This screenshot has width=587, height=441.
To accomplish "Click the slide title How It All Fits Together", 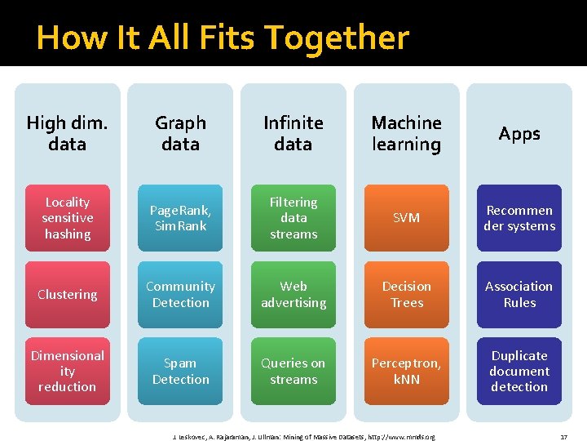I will [x=222, y=38].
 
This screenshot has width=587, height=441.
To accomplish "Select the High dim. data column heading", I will [x=67, y=133].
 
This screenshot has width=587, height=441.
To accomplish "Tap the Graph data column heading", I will [x=180, y=133].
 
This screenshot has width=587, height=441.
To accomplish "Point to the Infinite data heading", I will [x=293, y=133].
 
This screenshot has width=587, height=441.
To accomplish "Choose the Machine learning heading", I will [x=406, y=133].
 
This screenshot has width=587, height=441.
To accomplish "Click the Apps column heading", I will [x=519, y=133].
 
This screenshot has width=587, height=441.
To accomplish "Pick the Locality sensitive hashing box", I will [x=67, y=218].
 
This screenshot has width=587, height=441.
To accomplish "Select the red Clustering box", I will [x=67, y=295].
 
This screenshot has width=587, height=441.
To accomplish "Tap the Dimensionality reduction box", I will [x=67, y=371].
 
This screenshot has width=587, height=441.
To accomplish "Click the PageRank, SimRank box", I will [x=180, y=218].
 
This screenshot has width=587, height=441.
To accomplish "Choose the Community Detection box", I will [x=180, y=295].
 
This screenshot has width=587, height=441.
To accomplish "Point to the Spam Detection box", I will [x=180, y=371].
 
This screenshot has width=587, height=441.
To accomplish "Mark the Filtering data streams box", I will [x=293, y=218].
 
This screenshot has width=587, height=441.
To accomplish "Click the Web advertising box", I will [x=293, y=295].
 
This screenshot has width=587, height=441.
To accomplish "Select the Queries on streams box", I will [x=293, y=371].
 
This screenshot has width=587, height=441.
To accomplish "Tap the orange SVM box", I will [x=406, y=218].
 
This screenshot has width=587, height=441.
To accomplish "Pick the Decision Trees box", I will [x=406, y=295].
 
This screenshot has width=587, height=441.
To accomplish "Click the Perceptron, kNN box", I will [x=406, y=371].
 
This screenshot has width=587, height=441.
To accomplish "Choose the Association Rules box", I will [x=519, y=295].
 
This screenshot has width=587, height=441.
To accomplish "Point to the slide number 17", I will [x=563, y=437].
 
